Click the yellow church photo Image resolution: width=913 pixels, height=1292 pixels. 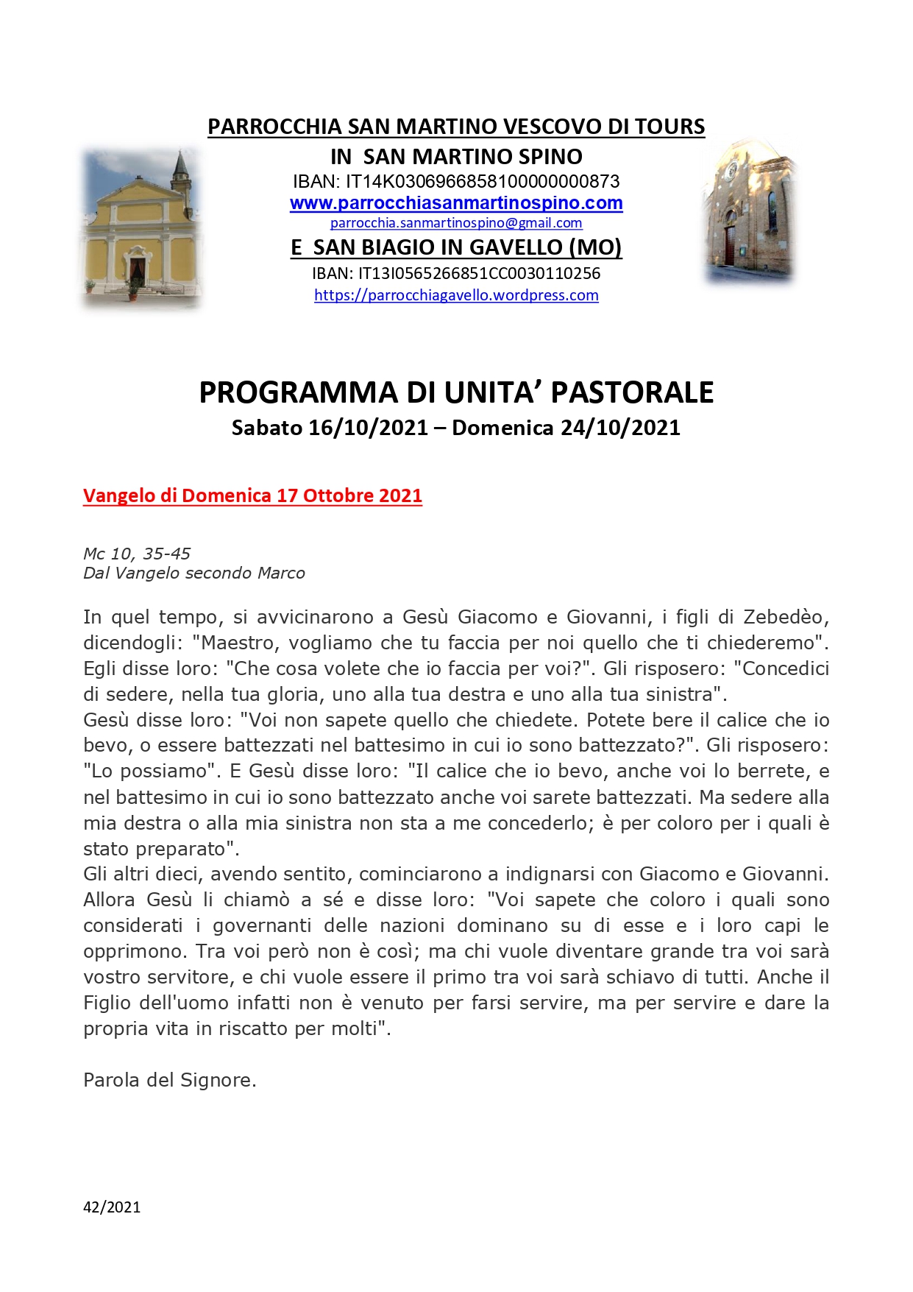(141, 228)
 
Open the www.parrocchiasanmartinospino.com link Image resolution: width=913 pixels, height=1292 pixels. (456, 203)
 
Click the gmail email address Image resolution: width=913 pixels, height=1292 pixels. (456, 223)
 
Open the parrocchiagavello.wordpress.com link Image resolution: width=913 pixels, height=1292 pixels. (456, 295)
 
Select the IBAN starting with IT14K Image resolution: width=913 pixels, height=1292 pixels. (456, 181)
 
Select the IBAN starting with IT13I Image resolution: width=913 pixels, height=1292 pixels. (456, 274)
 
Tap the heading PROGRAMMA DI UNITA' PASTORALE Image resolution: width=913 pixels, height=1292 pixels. (456, 392)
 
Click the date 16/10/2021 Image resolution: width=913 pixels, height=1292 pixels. (368, 428)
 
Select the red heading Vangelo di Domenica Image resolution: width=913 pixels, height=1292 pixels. (252, 495)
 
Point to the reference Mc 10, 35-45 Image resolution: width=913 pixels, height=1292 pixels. (137, 554)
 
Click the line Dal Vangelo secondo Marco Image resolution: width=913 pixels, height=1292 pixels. (194, 573)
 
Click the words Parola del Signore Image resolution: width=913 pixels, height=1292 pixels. (169, 1080)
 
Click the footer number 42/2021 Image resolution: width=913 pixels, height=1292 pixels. (112, 1207)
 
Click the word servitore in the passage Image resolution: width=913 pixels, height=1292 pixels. (187, 977)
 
